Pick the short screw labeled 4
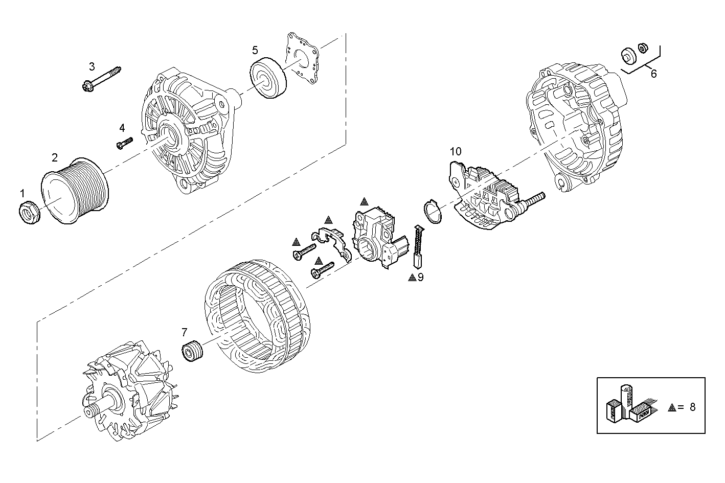(125, 142)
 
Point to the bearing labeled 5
(268, 79)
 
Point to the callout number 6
(653, 74)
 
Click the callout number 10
(455, 151)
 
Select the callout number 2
(55, 157)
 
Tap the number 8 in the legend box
(692, 407)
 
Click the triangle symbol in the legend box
(672, 407)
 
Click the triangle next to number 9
(412, 278)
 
